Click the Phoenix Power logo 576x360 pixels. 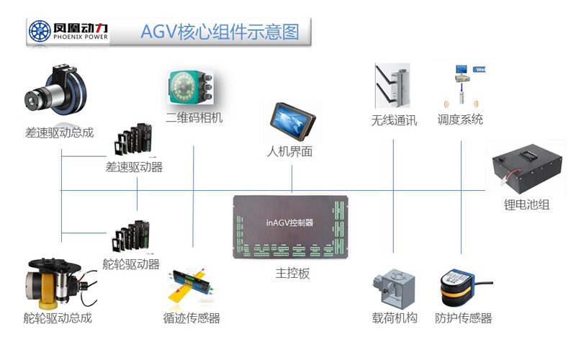point(69,32)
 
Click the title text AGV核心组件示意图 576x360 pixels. point(220,32)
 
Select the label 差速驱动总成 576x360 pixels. point(59,133)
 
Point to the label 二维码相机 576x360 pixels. point(194,117)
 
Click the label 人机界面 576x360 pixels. point(289,152)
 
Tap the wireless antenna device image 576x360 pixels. point(393,86)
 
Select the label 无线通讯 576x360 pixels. point(394,120)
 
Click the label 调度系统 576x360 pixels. point(460,120)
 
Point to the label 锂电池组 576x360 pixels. point(526,204)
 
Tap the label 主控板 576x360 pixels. point(292,274)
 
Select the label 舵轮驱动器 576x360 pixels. point(131,264)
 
